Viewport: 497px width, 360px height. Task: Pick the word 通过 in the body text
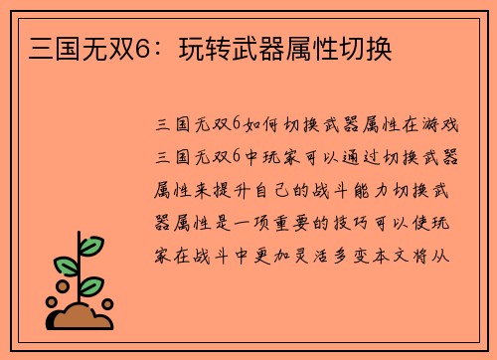[368, 158]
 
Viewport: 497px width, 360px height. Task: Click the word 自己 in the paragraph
[297, 190]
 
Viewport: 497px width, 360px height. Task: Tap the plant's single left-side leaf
[65, 267]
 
